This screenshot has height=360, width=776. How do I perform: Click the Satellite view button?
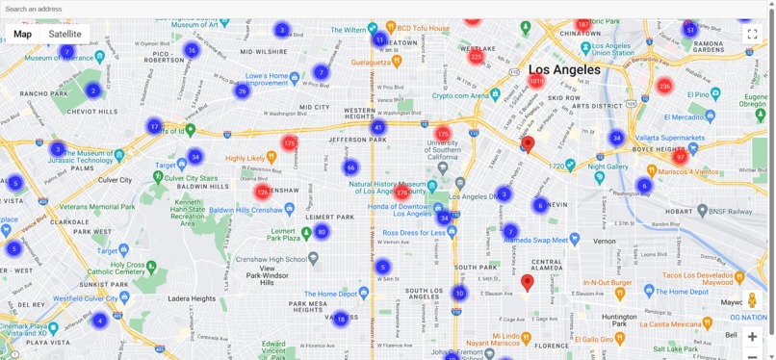tap(65, 34)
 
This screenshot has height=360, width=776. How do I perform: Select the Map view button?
tap(22, 34)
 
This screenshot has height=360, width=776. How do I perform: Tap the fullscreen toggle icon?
tap(752, 34)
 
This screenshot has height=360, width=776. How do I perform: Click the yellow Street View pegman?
tap(752, 300)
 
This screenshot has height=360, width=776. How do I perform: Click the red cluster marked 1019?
tap(536, 81)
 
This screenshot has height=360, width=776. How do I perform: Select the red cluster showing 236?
tap(664, 86)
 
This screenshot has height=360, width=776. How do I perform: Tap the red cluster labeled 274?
tap(402, 193)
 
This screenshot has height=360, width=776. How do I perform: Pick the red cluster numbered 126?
tap(262, 192)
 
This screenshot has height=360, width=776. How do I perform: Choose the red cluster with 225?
tap(476, 57)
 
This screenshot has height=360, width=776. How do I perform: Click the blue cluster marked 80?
tap(322, 232)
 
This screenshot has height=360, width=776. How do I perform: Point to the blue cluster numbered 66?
tap(350, 167)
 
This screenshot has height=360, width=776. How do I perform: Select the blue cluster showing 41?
tap(378, 127)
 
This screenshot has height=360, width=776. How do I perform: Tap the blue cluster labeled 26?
tap(243, 91)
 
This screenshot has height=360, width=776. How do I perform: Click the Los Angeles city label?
tap(564, 69)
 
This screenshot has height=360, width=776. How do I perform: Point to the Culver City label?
tap(115, 180)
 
